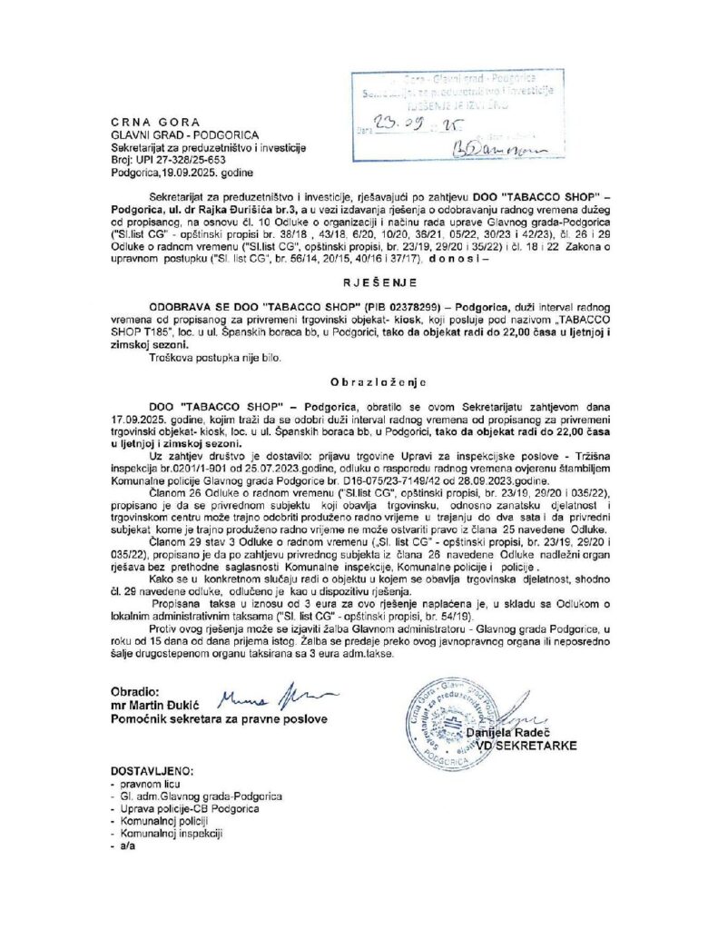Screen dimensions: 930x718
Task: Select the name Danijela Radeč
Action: (x=516, y=733)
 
